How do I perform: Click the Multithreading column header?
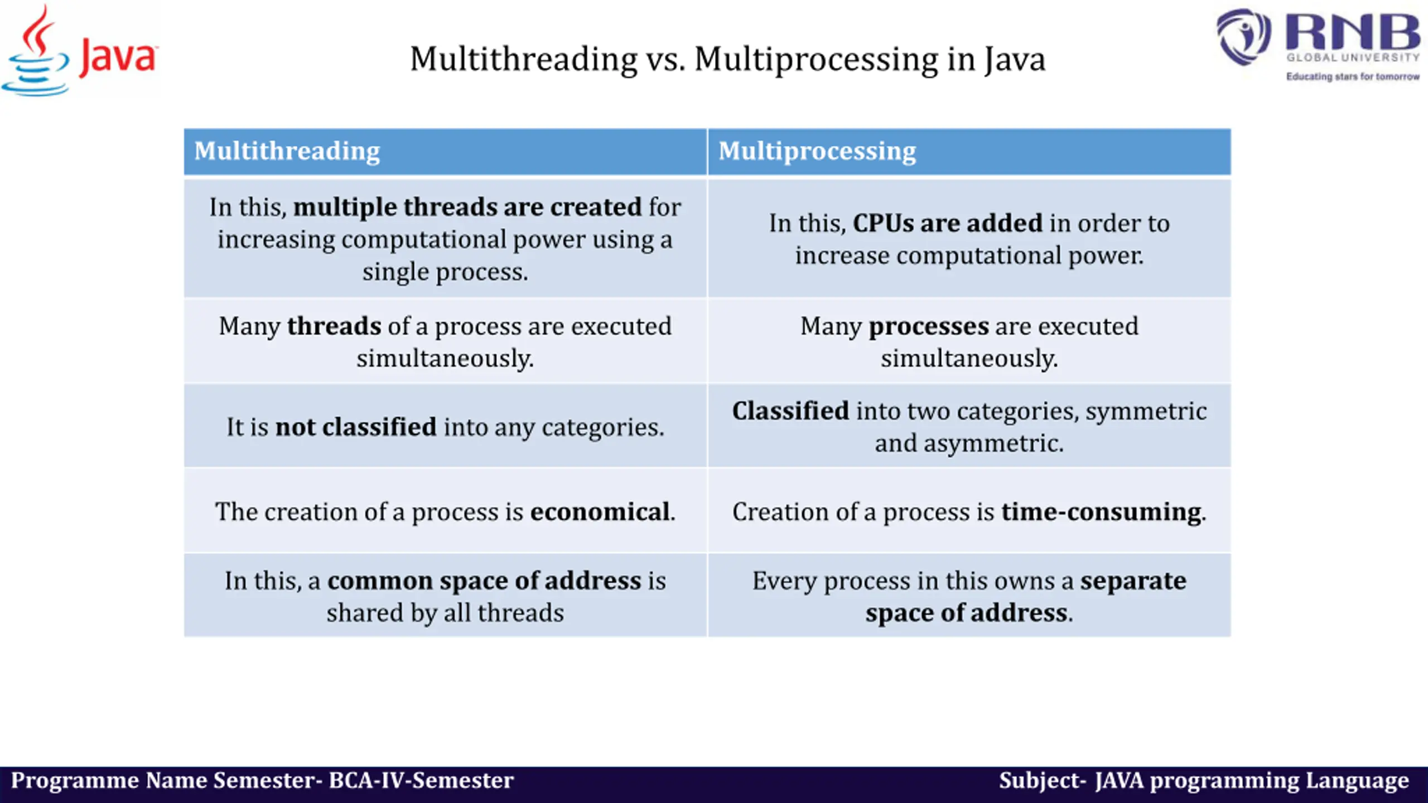coord(287,151)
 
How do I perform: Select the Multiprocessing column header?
coord(817,151)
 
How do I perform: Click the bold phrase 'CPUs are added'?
coord(947,223)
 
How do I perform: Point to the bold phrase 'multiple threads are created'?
coord(467,207)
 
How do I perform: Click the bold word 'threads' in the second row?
coord(334,326)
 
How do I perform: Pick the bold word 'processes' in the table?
coord(928,326)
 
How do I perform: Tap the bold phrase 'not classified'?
coord(356,427)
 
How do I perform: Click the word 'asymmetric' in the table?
coord(993,443)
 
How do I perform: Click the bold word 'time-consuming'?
coord(1101,512)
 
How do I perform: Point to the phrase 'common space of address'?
coord(484,581)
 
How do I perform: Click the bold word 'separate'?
coord(1133,581)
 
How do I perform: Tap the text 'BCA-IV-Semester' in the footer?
coord(421,781)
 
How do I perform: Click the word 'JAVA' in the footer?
coord(1119,781)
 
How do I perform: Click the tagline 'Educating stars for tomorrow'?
coord(1353,76)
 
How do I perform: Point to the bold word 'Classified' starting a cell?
coord(790,411)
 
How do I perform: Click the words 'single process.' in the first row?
coord(445,272)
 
